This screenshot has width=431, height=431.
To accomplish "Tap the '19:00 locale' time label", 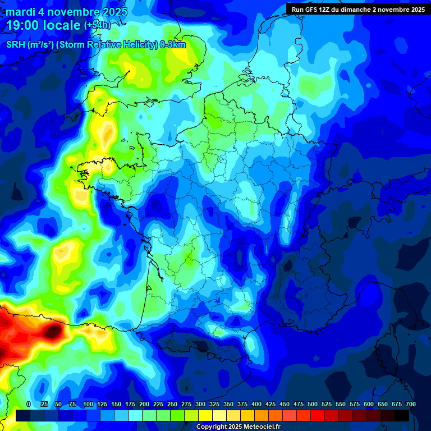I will [43, 25].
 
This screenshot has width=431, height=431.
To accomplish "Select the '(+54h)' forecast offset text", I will [97, 25].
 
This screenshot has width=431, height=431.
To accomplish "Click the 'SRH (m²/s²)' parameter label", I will [30, 44].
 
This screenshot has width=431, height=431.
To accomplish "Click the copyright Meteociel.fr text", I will [239, 427].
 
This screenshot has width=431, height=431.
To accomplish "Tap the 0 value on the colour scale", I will [29, 404].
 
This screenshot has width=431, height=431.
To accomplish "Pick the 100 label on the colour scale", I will [88, 404].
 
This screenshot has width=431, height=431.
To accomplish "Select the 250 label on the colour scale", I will [172, 404].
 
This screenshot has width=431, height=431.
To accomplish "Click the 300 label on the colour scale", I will [200, 404].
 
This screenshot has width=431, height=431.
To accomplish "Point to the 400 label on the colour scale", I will [256, 404].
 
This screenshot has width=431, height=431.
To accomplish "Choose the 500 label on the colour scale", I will [312, 404].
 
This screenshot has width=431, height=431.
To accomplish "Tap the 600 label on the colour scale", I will [368, 404].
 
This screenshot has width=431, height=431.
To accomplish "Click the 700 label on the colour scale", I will [410, 404].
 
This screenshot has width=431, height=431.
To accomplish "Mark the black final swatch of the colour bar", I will [402, 415].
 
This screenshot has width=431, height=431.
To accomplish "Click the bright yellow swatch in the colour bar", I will [205, 415].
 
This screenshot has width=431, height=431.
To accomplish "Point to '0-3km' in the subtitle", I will [173, 44].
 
